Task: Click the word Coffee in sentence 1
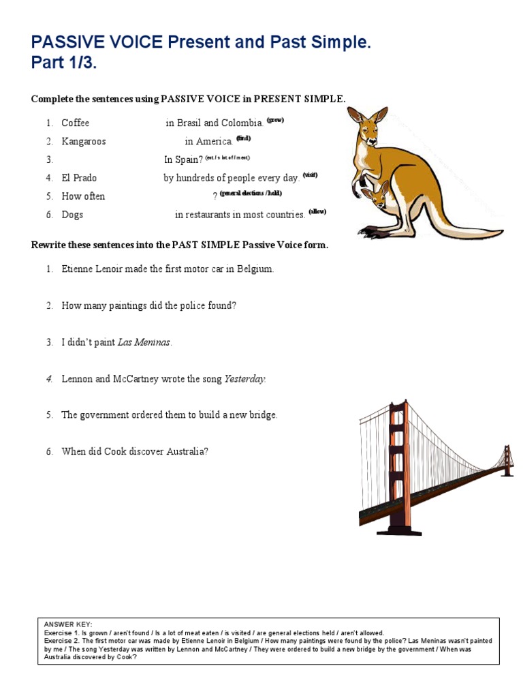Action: click(x=75, y=123)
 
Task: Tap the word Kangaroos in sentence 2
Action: click(x=83, y=142)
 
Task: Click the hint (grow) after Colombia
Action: click(x=275, y=120)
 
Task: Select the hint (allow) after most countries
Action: click(x=317, y=211)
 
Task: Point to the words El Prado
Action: click(x=79, y=178)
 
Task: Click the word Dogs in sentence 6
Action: click(x=72, y=215)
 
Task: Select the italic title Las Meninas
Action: click(x=144, y=342)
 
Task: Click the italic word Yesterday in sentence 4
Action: click(x=244, y=379)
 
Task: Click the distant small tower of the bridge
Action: click(x=507, y=461)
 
